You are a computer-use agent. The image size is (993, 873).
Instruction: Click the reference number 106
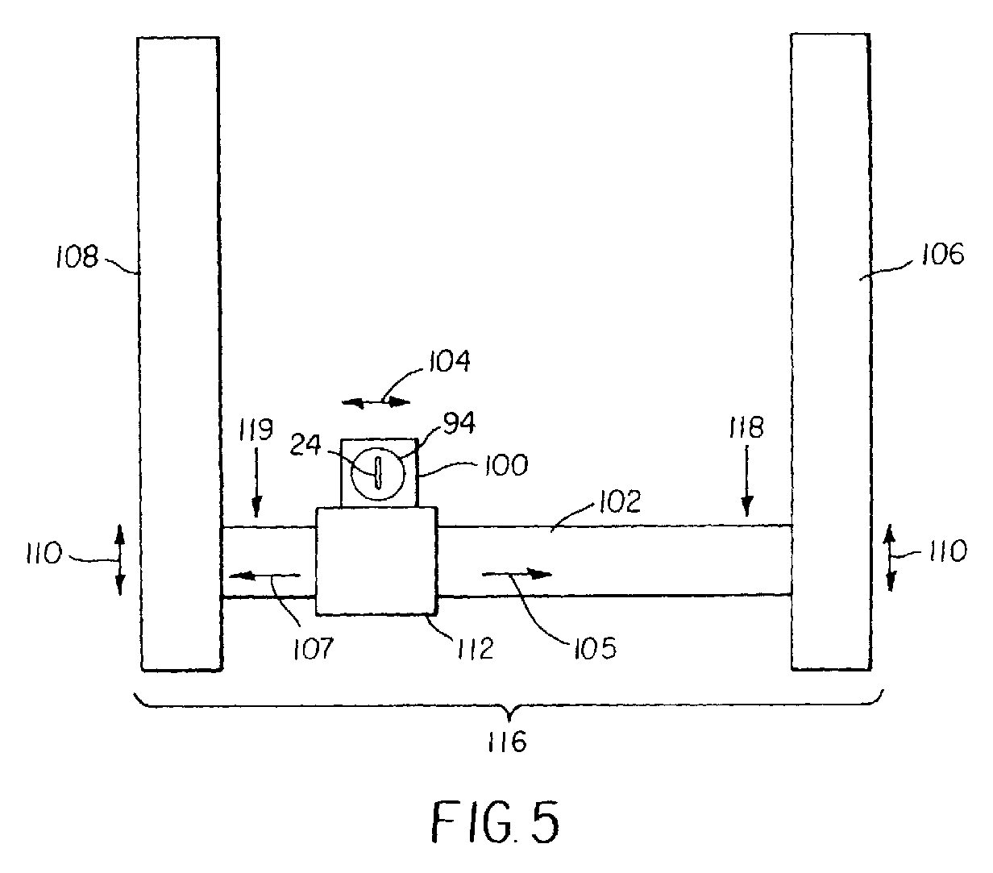tap(943, 256)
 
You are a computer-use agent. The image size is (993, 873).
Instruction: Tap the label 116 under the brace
tap(507, 741)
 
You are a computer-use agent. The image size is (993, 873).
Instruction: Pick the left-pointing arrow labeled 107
tap(264, 576)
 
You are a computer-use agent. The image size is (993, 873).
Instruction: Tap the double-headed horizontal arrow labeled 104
tap(376, 401)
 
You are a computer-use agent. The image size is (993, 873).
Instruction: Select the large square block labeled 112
tap(376, 560)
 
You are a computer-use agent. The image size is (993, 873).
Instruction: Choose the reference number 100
tap(506, 464)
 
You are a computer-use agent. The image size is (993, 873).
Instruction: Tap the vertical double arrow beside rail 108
tap(119, 560)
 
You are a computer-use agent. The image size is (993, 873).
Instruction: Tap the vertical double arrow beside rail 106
tap(891, 557)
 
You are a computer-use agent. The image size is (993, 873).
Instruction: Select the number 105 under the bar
tap(597, 648)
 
